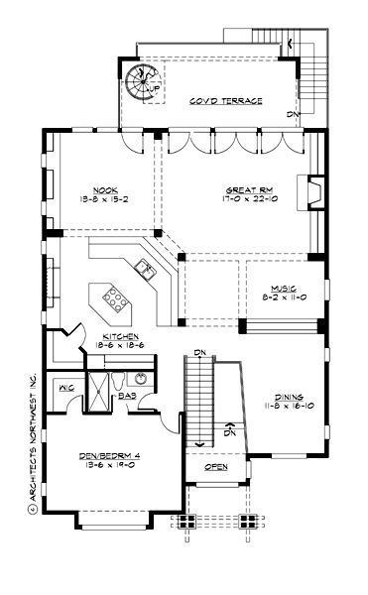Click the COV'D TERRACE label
(226, 101)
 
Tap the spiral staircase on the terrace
(142, 81)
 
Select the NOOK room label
(106, 189)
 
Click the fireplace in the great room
(312, 189)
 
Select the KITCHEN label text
(120, 336)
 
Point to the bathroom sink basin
(140, 378)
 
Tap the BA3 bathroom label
(128, 396)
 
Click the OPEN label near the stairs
(215, 466)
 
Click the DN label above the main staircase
(199, 353)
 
